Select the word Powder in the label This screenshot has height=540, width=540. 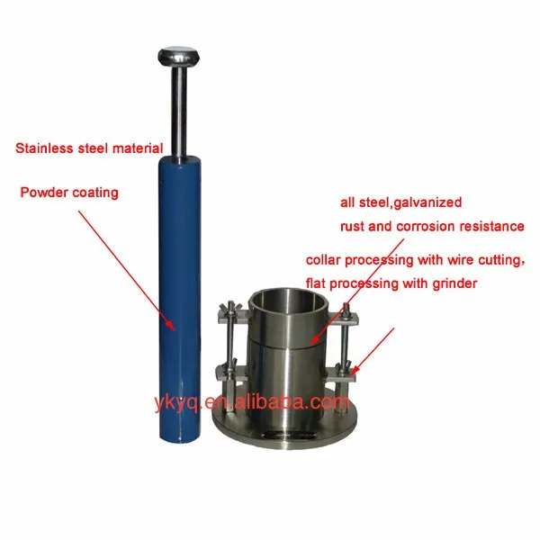pos(48,192)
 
